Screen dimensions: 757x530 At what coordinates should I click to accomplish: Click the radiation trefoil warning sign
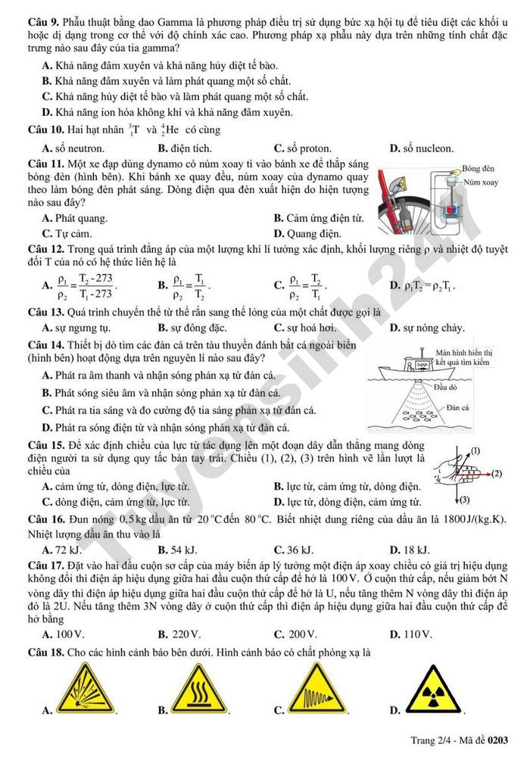(432, 690)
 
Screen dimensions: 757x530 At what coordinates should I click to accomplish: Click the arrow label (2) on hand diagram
(496, 474)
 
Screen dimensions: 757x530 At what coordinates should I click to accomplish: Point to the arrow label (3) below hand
(464, 500)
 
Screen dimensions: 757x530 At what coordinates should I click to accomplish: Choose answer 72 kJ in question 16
(67, 550)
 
